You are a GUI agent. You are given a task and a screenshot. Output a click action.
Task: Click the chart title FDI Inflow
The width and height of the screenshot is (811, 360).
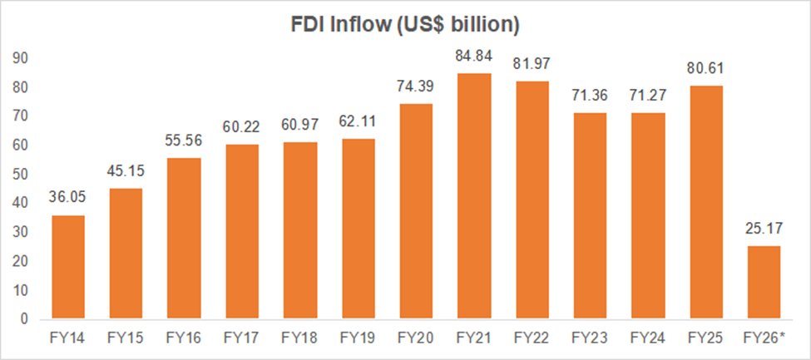click(405, 25)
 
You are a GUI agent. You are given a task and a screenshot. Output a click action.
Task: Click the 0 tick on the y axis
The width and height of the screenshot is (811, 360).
click(25, 319)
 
